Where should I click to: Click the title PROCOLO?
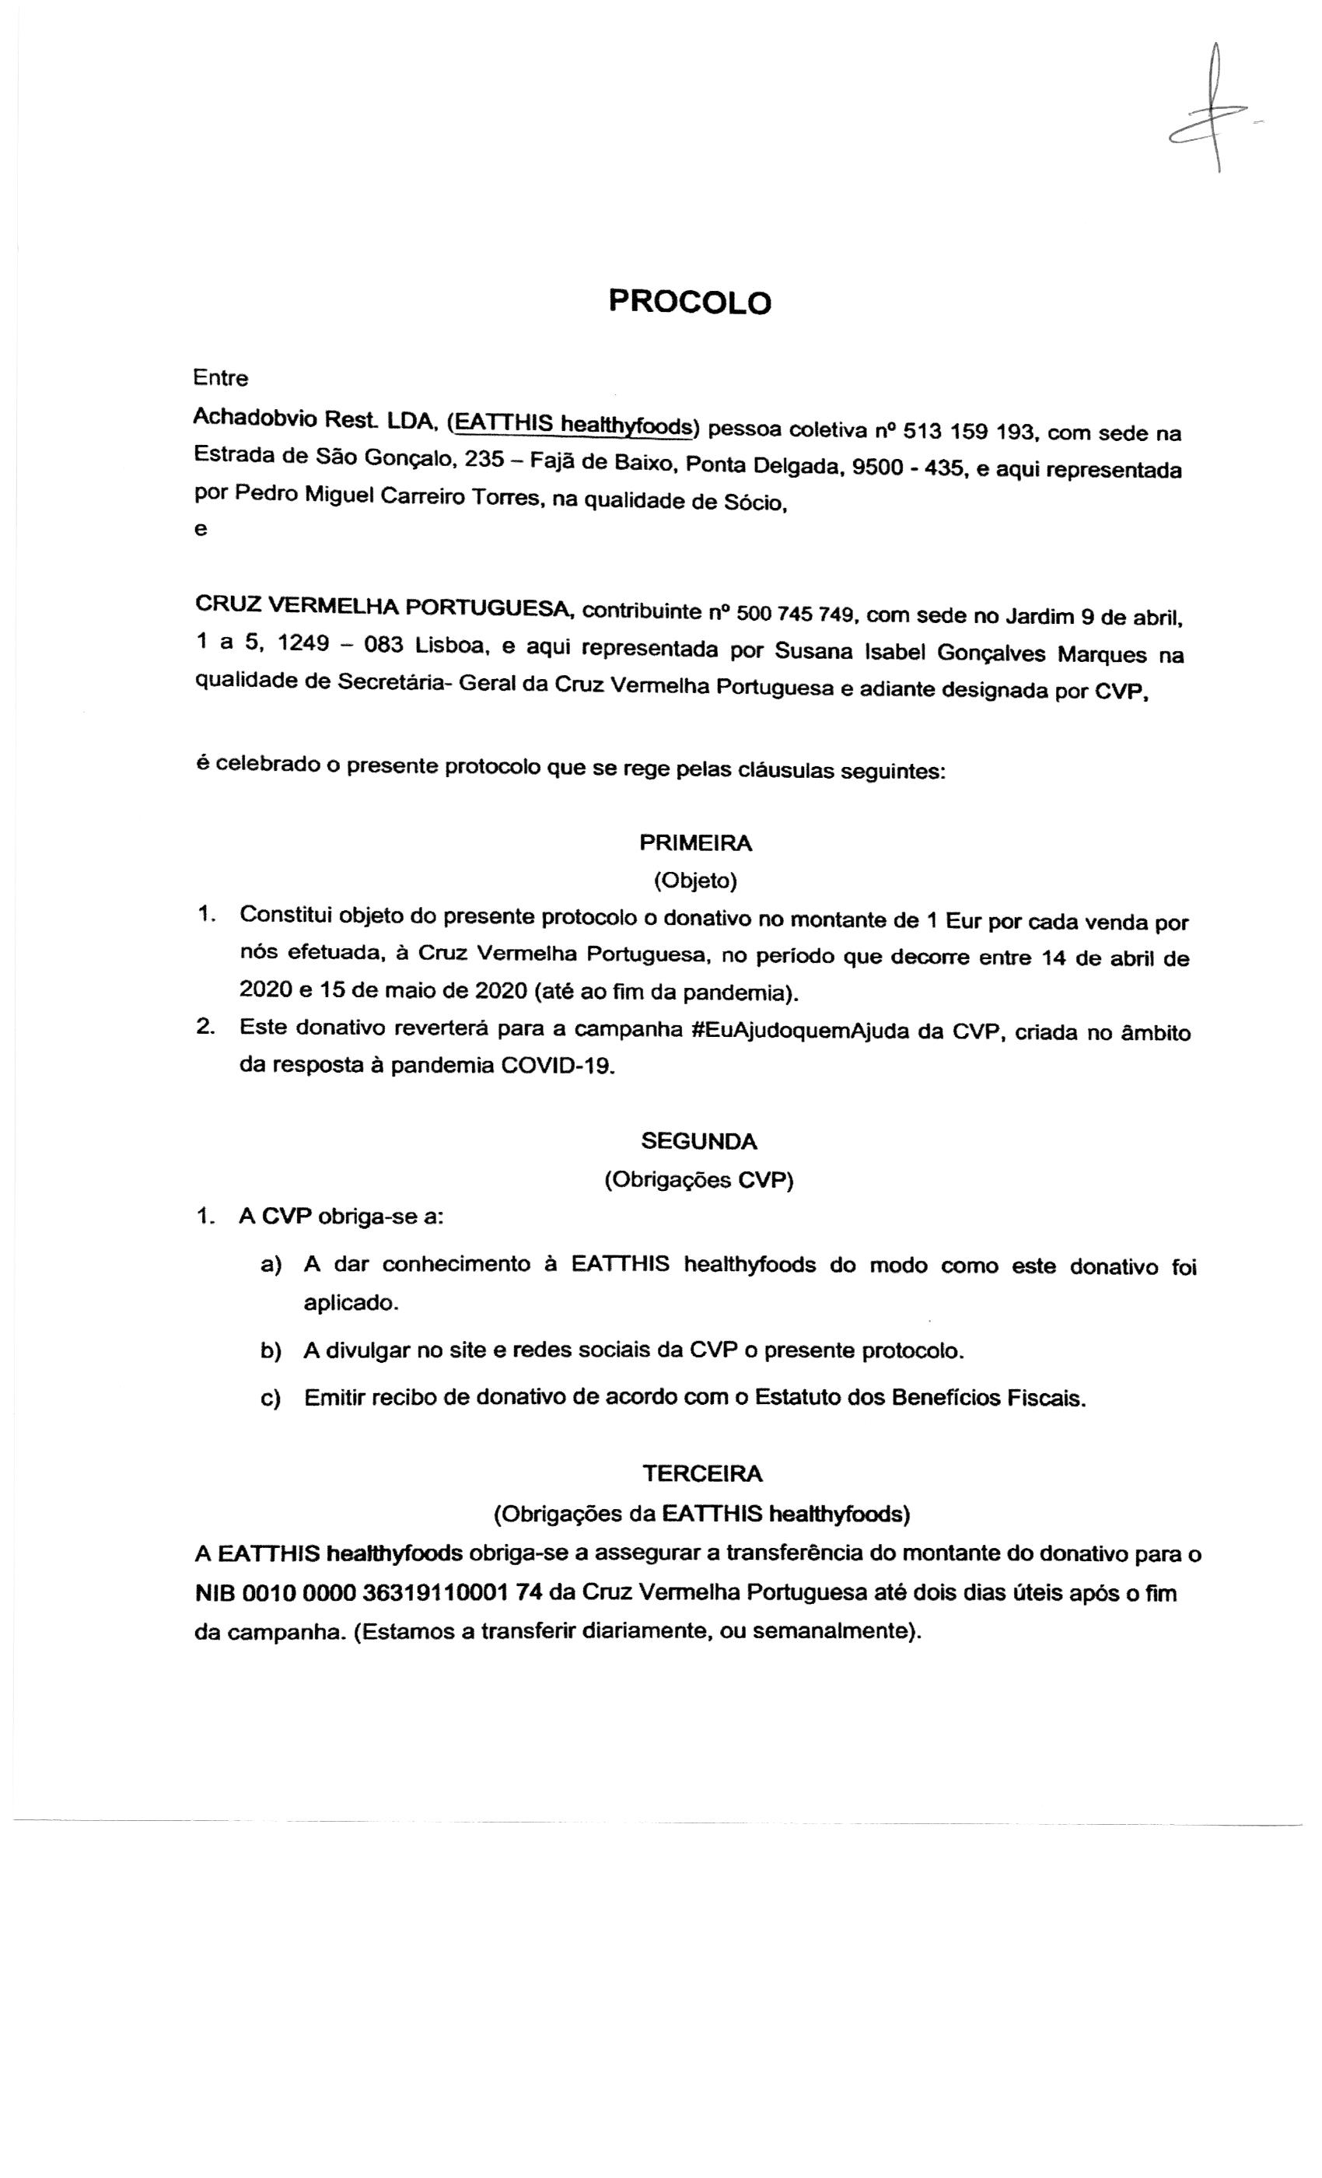[689, 303]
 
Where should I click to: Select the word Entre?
[220, 378]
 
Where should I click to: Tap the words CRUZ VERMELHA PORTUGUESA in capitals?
[384, 608]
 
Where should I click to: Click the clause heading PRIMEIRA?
[695, 842]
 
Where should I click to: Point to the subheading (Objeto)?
[695, 881]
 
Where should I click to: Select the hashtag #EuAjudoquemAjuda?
[802, 1031]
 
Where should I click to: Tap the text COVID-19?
[556, 1065]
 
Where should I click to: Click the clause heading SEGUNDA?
[699, 1141]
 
